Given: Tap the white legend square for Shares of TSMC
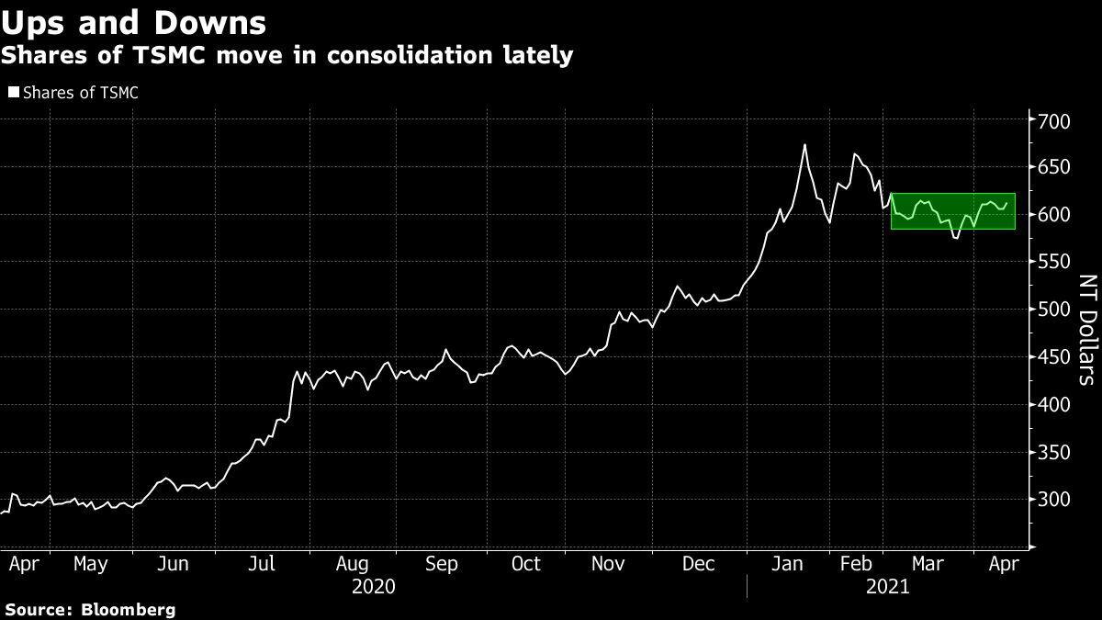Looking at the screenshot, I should [x=13, y=92].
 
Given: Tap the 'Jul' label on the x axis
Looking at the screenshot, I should [x=264, y=564].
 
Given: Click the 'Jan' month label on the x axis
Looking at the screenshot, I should [x=788, y=564].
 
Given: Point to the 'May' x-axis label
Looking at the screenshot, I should [x=90, y=564].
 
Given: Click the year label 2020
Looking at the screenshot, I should [x=373, y=586].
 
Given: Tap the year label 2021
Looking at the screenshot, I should [x=887, y=586].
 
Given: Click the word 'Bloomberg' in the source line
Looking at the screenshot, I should [x=131, y=609].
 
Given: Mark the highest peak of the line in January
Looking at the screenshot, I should [x=804, y=145].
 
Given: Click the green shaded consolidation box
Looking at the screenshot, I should [x=955, y=211].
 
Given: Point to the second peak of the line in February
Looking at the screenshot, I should [x=855, y=154].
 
